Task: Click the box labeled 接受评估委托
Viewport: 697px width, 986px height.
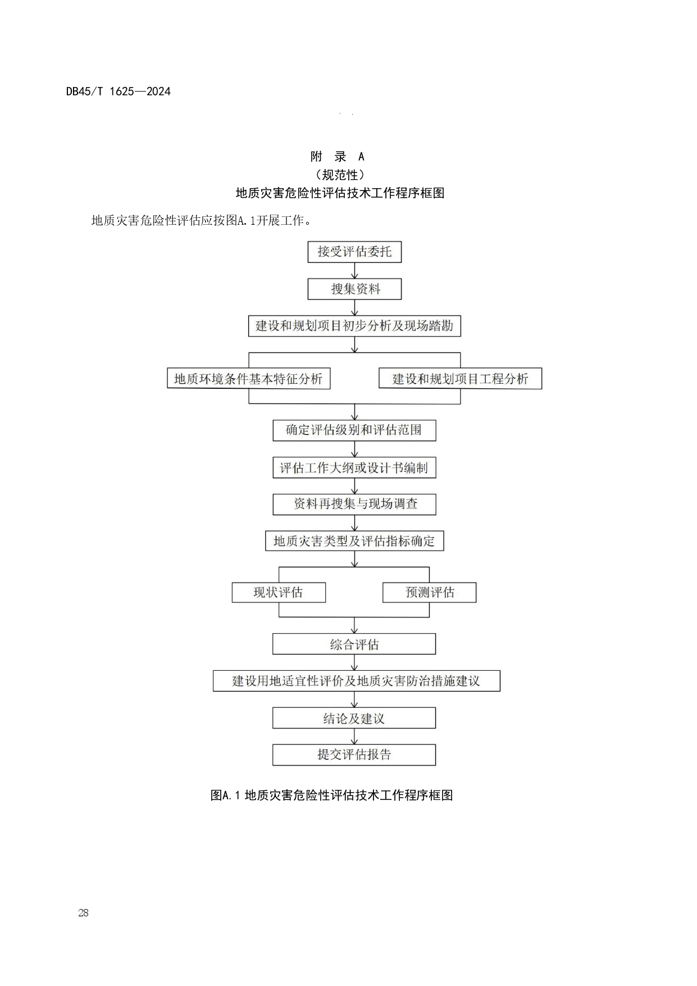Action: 354,252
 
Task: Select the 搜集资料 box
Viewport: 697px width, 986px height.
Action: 354,289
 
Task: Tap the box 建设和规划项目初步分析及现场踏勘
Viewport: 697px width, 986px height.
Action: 354,326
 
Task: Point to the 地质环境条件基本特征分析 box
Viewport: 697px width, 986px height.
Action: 248,379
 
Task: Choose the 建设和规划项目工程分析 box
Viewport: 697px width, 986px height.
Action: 460,379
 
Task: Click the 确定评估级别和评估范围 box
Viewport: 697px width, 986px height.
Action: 354,430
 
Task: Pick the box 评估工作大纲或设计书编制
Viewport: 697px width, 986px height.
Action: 354,467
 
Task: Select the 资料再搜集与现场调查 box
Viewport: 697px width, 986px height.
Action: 354,504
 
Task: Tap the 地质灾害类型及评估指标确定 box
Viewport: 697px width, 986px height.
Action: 354,541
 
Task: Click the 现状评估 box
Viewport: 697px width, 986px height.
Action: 279,592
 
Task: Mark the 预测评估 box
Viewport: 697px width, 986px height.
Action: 429,592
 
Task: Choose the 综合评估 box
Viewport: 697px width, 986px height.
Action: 354,644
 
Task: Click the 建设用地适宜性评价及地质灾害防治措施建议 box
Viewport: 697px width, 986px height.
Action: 356,681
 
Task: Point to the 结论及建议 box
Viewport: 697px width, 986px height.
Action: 354,718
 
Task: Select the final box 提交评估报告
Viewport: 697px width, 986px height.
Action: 354,755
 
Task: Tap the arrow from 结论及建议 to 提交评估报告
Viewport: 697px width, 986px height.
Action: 354,737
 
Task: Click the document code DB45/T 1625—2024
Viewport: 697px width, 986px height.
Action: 119,92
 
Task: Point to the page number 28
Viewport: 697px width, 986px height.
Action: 83,913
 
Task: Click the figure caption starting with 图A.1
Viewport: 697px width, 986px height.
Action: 331,795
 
